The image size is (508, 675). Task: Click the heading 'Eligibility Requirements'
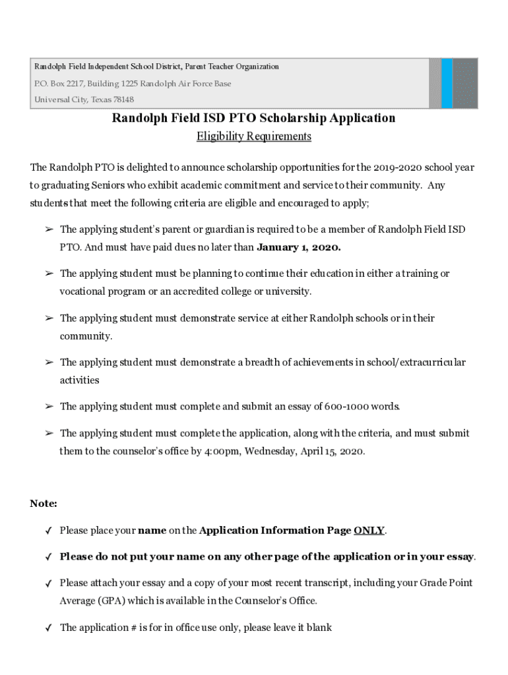click(x=253, y=136)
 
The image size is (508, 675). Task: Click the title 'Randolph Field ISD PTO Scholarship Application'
click(x=253, y=118)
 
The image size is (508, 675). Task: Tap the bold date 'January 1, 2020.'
click(x=298, y=248)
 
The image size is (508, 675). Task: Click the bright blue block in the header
click(x=447, y=84)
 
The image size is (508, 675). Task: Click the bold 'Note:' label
click(x=44, y=504)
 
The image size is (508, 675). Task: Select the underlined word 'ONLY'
click(x=369, y=531)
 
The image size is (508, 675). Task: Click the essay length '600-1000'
click(x=346, y=407)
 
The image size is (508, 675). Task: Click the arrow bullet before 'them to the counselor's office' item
click(x=49, y=434)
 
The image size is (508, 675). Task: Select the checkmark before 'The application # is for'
click(x=49, y=628)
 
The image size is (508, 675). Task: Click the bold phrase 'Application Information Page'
click(x=274, y=531)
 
